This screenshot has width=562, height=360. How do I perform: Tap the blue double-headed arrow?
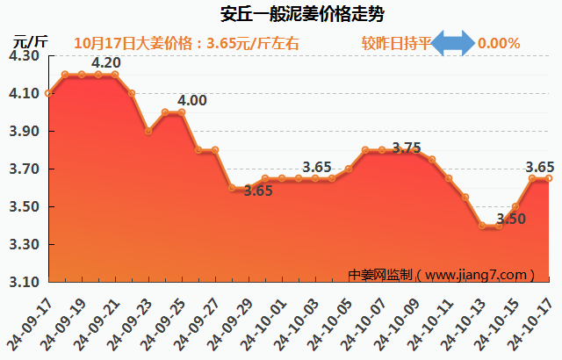(x=454, y=43)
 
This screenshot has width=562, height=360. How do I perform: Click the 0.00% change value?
(x=498, y=43)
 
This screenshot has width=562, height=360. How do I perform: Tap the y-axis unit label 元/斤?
(x=30, y=40)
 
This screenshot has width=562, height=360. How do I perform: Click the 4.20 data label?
(x=106, y=63)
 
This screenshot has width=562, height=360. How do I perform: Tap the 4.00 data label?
(x=192, y=101)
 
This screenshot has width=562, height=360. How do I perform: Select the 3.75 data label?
(x=407, y=148)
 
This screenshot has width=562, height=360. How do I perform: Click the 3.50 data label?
(x=511, y=219)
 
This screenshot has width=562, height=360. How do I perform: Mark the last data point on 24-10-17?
(x=549, y=178)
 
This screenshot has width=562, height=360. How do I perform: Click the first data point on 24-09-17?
(x=48, y=93)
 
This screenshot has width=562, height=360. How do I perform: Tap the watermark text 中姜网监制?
(x=378, y=275)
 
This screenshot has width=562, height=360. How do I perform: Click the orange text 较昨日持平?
(x=396, y=43)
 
